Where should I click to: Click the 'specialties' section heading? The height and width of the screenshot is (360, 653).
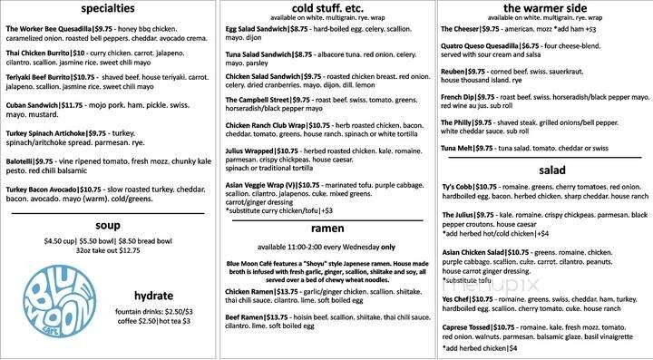point(109,9)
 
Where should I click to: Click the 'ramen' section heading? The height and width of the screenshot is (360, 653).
point(326,228)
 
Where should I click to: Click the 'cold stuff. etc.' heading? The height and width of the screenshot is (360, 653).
point(326,9)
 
